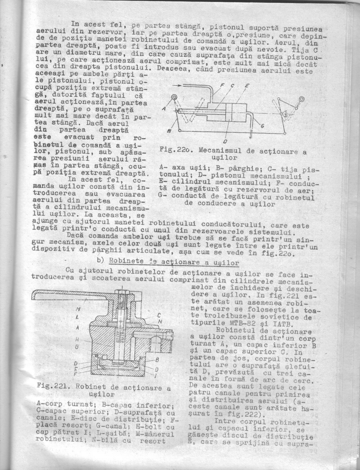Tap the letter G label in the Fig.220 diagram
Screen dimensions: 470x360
263,125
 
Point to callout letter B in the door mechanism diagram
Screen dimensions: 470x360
169,131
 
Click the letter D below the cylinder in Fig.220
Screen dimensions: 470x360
225,141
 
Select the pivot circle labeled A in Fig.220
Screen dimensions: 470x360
174,98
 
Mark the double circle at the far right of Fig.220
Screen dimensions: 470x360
301,99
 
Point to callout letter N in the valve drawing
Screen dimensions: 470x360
160,321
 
